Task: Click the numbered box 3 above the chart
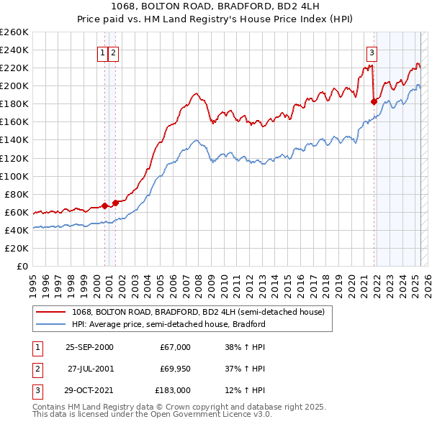tap(372, 52)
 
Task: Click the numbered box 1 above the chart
tap(103, 52)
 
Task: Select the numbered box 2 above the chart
tap(114, 52)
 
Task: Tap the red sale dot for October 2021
tap(374, 101)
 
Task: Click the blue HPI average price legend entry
tap(168, 324)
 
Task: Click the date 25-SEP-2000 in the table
tap(89, 347)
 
